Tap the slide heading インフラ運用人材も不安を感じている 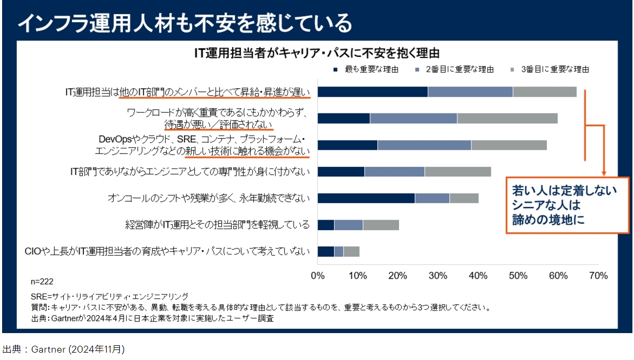coord(185,23)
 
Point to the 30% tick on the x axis coord(438,275)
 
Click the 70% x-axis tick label coord(598,275)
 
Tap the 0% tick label coord(318,275)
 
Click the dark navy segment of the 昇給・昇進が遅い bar coord(373,92)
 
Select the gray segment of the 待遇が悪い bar coord(507,118)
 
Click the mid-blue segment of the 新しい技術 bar coord(424,145)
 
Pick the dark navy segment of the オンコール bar coord(366,198)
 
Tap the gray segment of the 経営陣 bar coord(381,225)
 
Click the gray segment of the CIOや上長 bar coord(351,251)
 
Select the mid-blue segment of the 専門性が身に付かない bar coord(394,172)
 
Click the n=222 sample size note coord(42,281)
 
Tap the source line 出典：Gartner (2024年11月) coord(64,349)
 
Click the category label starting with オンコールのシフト coord(208,198)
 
